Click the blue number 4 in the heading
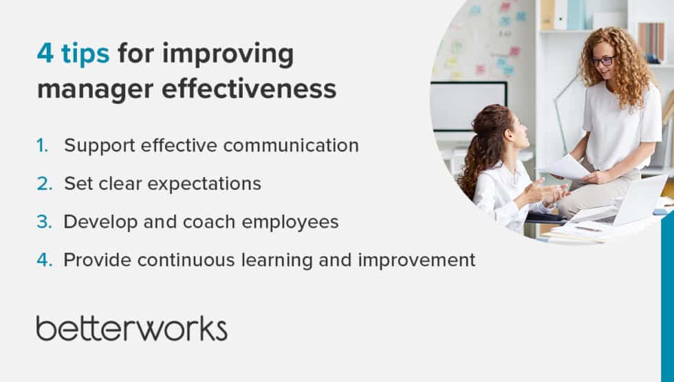(x=45, y=54)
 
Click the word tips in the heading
(x=85, y=54)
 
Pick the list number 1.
(x=43, y=146)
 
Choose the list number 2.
(x=43, y=184)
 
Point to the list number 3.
(x=43, y=222)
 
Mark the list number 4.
(x=43, y=260)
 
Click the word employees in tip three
(x=293, y=222)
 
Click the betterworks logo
(x=131, y=328)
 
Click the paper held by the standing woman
(x=567, y=167)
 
